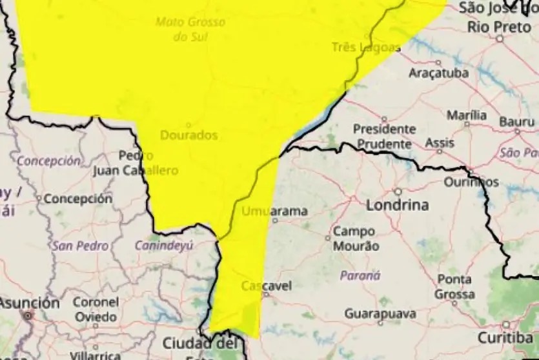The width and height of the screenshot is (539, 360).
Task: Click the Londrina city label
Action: [398, 205]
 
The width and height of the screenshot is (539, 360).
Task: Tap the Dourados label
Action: [188, 135]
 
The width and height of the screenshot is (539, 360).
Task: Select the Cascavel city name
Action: [267, 286]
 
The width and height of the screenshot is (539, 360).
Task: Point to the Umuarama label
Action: [275, 211]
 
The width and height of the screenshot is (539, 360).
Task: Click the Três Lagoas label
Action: [366, 46]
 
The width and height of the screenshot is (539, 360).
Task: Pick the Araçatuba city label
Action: [438, 73]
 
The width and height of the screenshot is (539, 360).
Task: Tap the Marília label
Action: [467, 115]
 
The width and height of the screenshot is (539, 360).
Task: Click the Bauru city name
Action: [517, 121]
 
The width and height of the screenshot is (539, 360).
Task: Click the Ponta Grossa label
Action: [454, 287]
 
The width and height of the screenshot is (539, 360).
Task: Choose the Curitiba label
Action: [505, 337]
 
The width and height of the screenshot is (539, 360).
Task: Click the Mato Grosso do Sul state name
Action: [190, 29]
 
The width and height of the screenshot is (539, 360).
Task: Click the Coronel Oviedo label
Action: [96, 309]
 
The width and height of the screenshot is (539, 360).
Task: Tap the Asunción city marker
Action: [28, 315]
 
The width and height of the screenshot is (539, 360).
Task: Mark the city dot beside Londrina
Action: [398, 192]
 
